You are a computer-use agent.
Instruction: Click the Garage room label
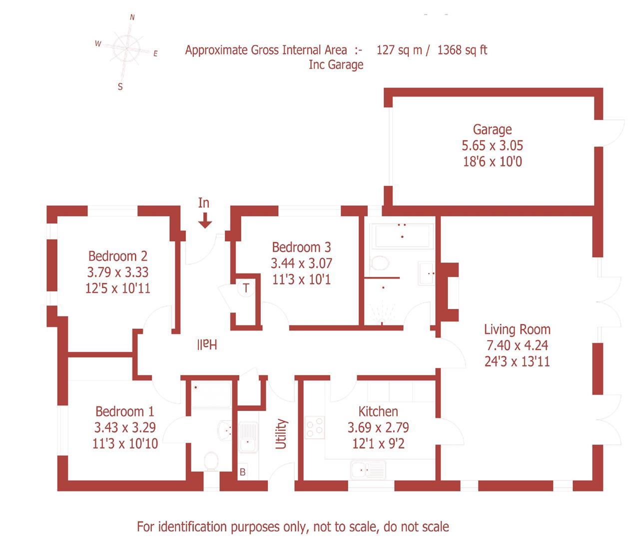click(492, 129)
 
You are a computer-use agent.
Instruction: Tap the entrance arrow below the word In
click(204, 220)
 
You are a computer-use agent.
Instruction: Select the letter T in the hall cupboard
click(246, 288)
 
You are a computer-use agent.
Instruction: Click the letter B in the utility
click(243, 471)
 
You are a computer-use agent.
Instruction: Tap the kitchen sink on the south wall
click(368, 470)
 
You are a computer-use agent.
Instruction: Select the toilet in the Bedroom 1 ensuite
click(211, 460)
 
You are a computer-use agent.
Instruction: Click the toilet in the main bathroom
click(381, 263)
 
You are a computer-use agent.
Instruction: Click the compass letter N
click(132, 17)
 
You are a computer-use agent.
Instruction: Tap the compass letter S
click(120, 87)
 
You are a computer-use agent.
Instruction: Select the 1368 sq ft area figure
click(462, 50)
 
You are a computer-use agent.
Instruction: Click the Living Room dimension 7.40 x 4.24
click(517, 345)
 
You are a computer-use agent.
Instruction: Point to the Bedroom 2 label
click(118, 256)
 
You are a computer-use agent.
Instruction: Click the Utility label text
click(282, 433)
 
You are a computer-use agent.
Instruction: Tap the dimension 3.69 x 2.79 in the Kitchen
click(378, 427)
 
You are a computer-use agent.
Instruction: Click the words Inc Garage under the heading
click(336, 65)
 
